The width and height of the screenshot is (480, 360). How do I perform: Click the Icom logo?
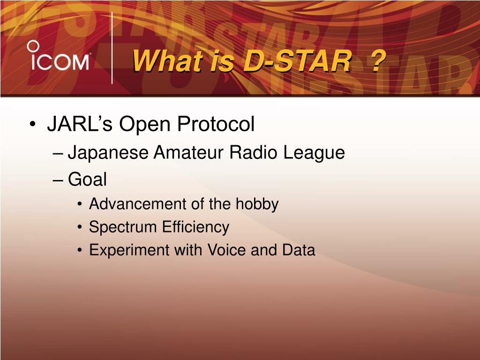tap(58, 55)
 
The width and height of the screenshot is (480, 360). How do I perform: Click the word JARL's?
tap(80, 124)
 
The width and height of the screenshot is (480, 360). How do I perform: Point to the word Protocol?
tap(216, 124)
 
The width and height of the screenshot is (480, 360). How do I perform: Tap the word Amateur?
tap(189, 152)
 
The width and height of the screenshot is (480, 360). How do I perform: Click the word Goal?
tap(87, 179)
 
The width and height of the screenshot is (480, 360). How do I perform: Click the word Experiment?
tap(129, 251)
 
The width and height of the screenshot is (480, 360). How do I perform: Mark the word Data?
tap(299, 250)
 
